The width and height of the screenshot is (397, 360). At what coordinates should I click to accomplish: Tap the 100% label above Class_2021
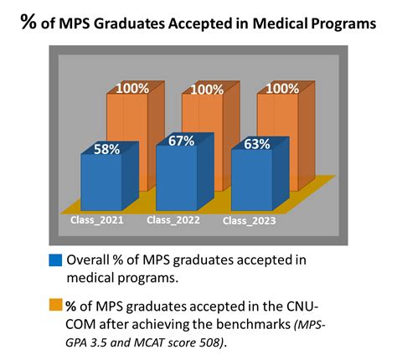pos(133,88)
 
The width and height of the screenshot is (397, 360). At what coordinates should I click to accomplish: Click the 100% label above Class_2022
pos(207,90)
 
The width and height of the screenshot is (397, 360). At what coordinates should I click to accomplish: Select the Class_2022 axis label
pos(171,220)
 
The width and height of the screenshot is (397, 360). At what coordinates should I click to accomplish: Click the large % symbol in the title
pos(28,24)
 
